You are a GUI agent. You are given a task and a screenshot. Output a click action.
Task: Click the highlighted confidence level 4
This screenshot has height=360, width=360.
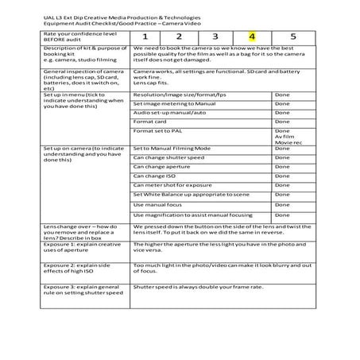coord(251,36)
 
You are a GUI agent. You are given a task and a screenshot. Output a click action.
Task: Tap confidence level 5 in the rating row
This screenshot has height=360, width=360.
coord(293,36)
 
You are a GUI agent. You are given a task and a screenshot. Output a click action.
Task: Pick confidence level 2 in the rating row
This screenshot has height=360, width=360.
coord(180,36)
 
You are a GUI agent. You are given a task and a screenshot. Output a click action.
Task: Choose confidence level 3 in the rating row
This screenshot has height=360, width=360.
coord(215,36)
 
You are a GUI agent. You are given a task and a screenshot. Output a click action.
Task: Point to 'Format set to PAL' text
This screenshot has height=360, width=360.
coord(159,130)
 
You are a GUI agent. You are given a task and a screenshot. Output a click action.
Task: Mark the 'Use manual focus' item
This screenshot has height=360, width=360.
coord(157,205)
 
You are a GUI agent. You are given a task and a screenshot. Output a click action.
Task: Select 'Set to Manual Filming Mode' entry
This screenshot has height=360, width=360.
coord(172,148)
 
